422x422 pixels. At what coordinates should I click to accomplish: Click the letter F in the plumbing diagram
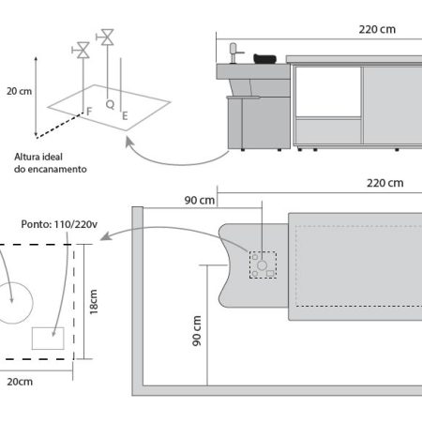(x=89, y=112)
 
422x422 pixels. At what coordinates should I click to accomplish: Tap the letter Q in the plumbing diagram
(x=110, y=104)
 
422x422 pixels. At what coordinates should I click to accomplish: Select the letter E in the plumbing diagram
(x=125, y=116)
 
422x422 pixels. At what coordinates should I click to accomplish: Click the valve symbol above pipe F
(x=81, y=50)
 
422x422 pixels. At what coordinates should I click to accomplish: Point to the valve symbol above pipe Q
(x=105, y=38)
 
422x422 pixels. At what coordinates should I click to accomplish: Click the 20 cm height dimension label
(x=19, y=91)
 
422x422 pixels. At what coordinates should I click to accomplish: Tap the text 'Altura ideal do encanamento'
(x=51, y=163)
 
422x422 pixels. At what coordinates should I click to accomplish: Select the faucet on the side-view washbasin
(x=234, y=53)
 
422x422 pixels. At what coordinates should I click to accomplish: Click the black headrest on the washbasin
(x=264, y=59)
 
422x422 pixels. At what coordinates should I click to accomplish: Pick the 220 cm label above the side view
(x=377, y=29)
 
